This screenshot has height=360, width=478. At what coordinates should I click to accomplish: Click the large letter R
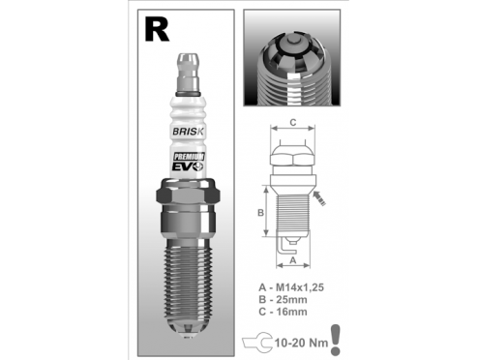(157, 29)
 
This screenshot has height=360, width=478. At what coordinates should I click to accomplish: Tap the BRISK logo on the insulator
(189, 132)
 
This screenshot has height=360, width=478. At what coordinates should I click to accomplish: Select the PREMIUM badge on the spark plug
(189, 157)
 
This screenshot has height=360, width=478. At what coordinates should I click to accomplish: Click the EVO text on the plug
(189, 166)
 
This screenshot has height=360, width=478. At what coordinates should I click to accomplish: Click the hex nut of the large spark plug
(189, 195)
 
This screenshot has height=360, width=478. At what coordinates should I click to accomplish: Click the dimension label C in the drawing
(293, 123)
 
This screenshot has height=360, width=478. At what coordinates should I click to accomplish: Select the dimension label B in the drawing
(260, 213)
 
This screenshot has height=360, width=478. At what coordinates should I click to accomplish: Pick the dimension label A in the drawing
(293, 260)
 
